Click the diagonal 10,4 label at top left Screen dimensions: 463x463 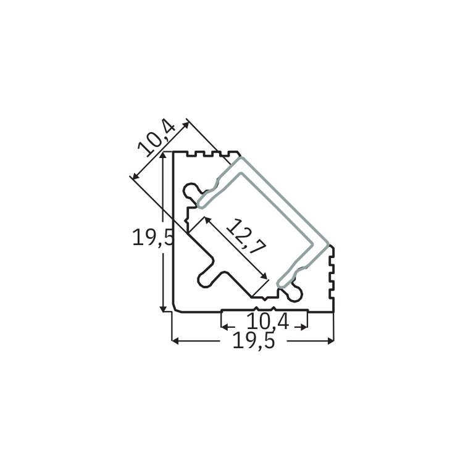[157, 140]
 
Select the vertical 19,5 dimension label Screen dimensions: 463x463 [152, 238]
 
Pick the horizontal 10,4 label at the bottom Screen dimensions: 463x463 [267, 321]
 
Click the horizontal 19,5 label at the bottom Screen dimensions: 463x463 [254, 340]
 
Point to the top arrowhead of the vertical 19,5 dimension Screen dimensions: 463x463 [163, 156]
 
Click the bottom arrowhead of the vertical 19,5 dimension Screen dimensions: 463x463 [163, 308]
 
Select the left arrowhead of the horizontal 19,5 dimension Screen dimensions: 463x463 [175, 341]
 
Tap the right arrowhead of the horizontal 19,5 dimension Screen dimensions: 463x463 [330, 341]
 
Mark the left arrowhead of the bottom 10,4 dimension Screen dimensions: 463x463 [225, 327]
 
